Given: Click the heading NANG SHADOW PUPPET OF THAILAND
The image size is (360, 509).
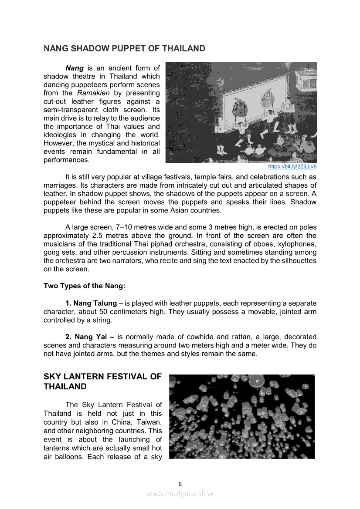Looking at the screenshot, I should [x=124, y=48].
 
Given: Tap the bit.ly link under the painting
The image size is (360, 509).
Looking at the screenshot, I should [x=292, y=166].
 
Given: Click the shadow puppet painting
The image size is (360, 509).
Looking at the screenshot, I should [x=241, y=112].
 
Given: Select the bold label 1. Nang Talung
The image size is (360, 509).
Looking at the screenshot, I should [x=91, y=303].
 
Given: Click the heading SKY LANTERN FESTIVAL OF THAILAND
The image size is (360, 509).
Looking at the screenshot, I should [x=102, y=381].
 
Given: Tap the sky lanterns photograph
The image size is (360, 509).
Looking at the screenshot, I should [x=242, y=416].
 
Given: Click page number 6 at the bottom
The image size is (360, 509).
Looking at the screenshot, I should [x=180, y=484].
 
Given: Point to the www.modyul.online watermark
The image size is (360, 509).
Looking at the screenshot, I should [x=180, y=494].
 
